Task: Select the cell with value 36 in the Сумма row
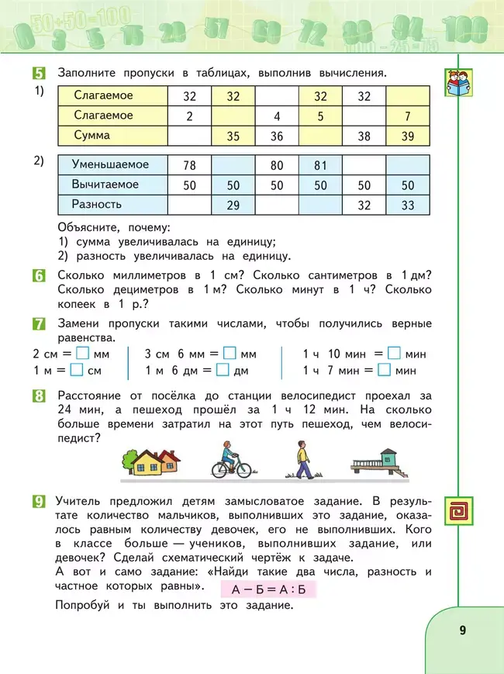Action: (277, 136)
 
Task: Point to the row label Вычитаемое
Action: (105, 185)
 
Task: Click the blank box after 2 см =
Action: (84, 353)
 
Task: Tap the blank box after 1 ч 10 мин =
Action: (393, 353)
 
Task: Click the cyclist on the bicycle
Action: (231, 460)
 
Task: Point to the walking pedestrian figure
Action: (303, 460)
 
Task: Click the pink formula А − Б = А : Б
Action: (274, 589)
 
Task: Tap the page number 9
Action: (462, 629)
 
